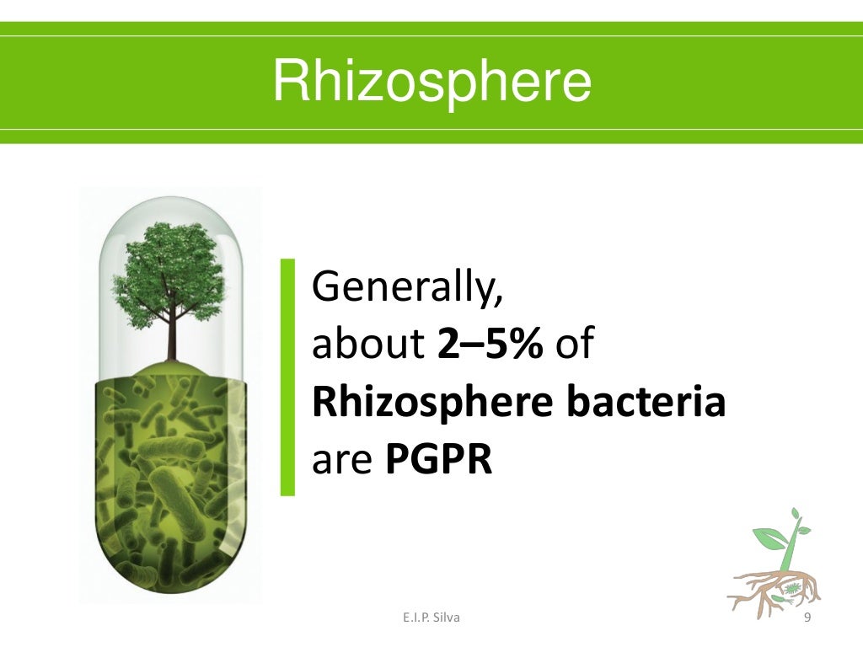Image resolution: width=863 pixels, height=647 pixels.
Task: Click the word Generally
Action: click(x=408, y=290)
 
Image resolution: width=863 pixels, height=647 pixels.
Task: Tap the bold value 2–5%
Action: click(x=490, y=346)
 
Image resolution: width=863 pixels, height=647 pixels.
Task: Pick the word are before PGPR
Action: click(x=344, y=461)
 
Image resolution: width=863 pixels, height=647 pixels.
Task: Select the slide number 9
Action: click(x=808, y=619)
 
